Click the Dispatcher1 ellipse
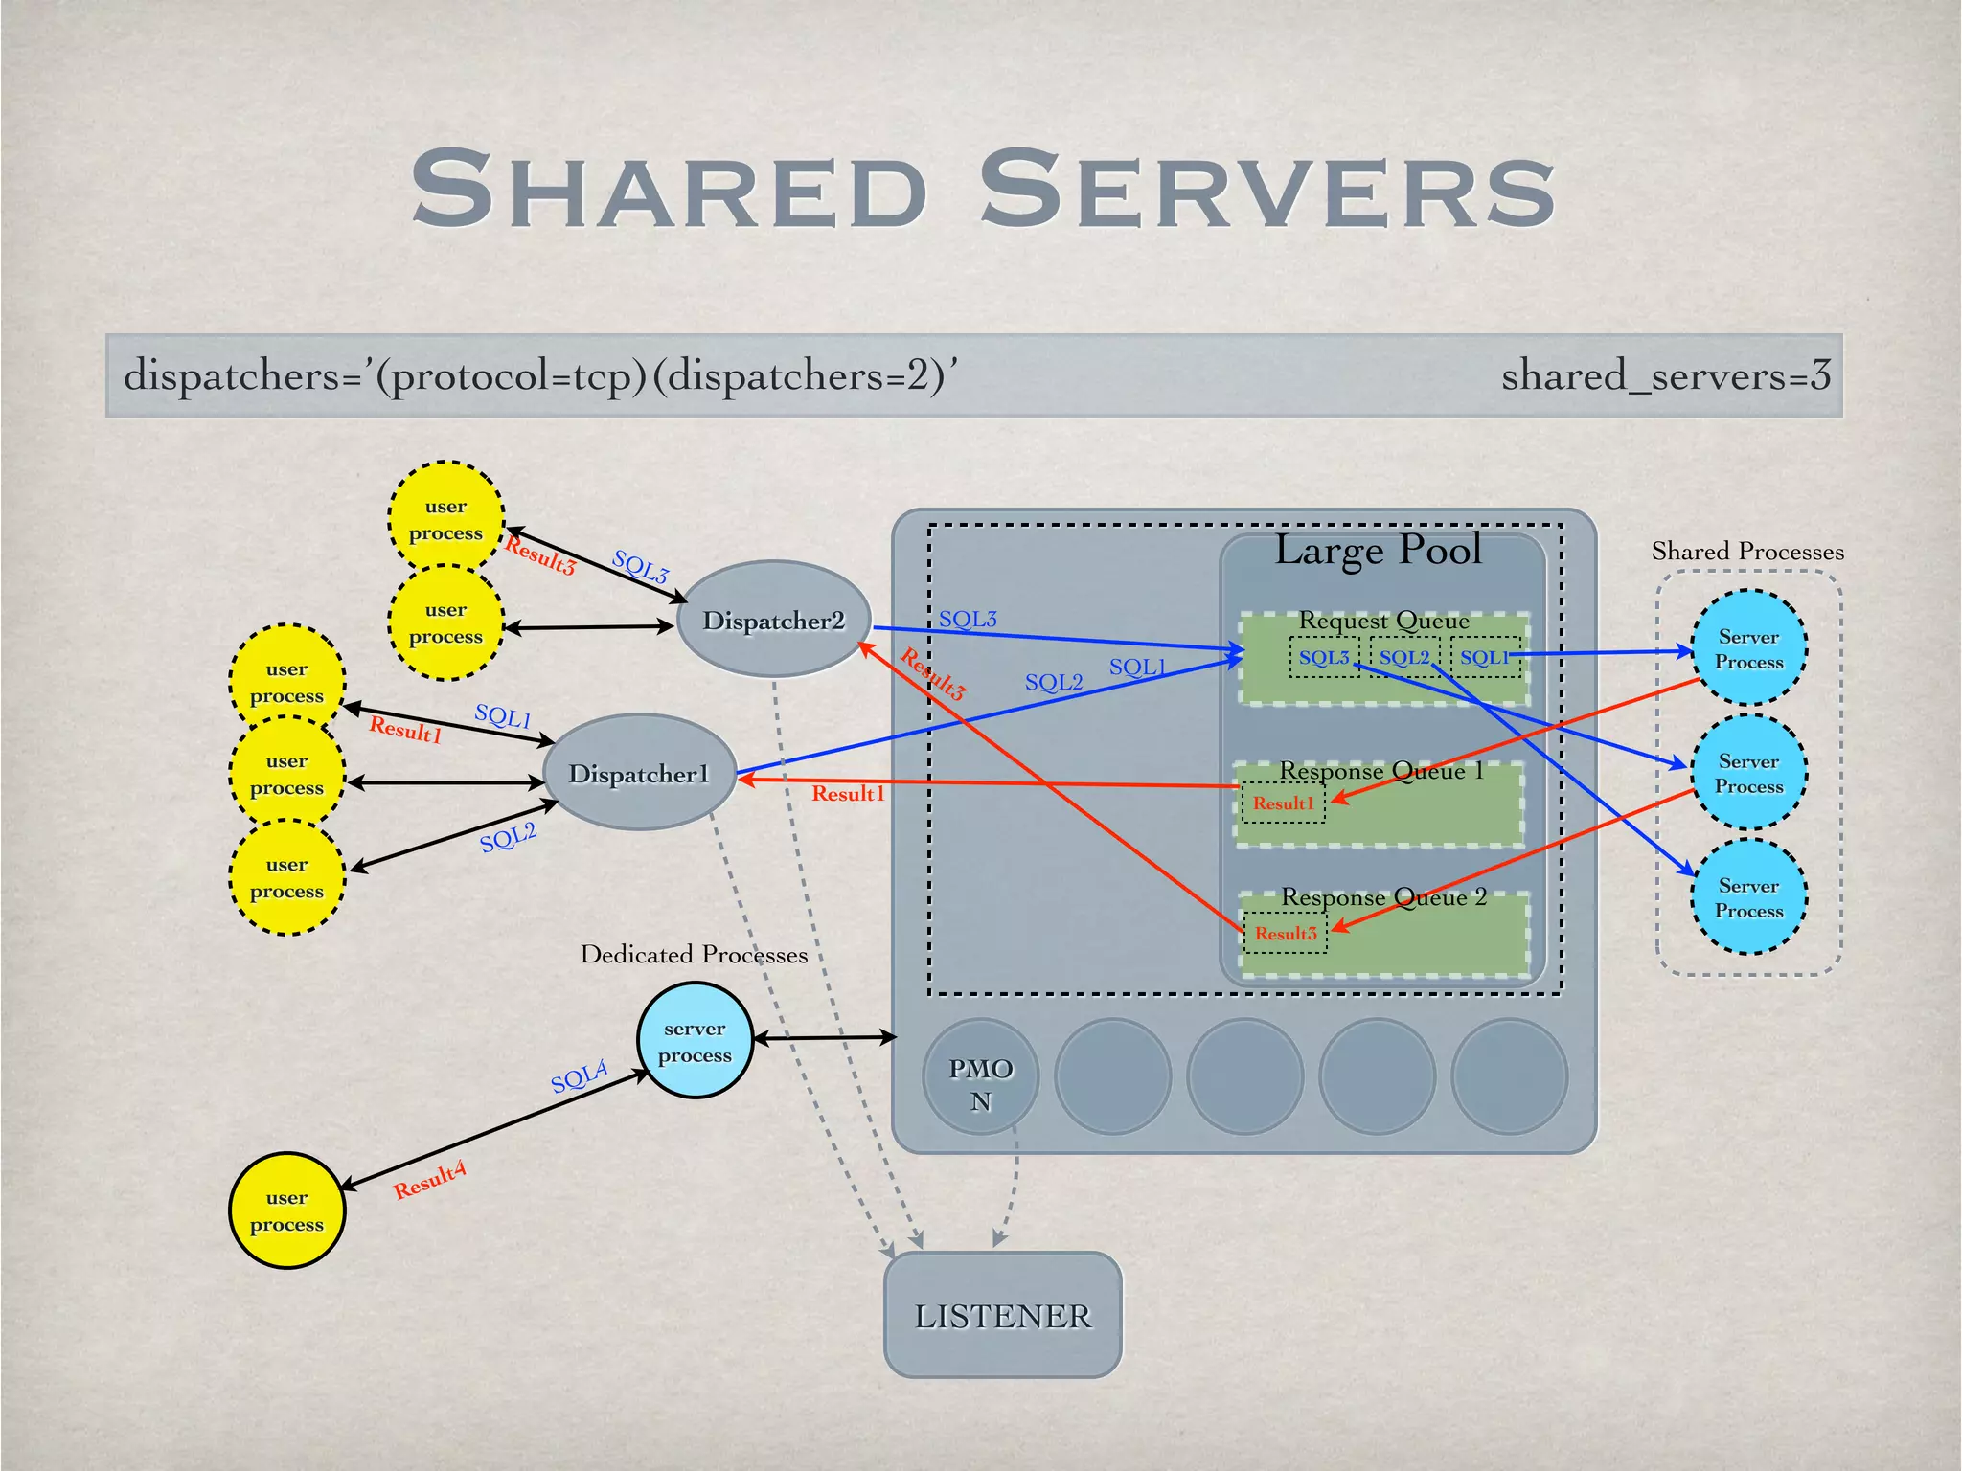[639, 773]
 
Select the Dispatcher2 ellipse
[774, 621]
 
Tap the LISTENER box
[1002, 1316]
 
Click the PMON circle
[980, 1077]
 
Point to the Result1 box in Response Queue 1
[1283, 803]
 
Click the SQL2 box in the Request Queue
[1403, 658]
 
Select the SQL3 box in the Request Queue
[1323, 658]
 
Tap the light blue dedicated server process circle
[695, 1041]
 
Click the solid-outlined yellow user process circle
[286, 1211]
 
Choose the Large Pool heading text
[1378, 551]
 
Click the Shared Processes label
[1746, 552]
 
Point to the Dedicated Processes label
[694, 955]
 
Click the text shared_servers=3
[1665, 375]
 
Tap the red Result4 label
[429, 1179]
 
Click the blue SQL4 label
[579, 1076]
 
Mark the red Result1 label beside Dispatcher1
[405, 730]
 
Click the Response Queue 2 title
[1383, 897]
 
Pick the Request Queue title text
[1383, 621]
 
